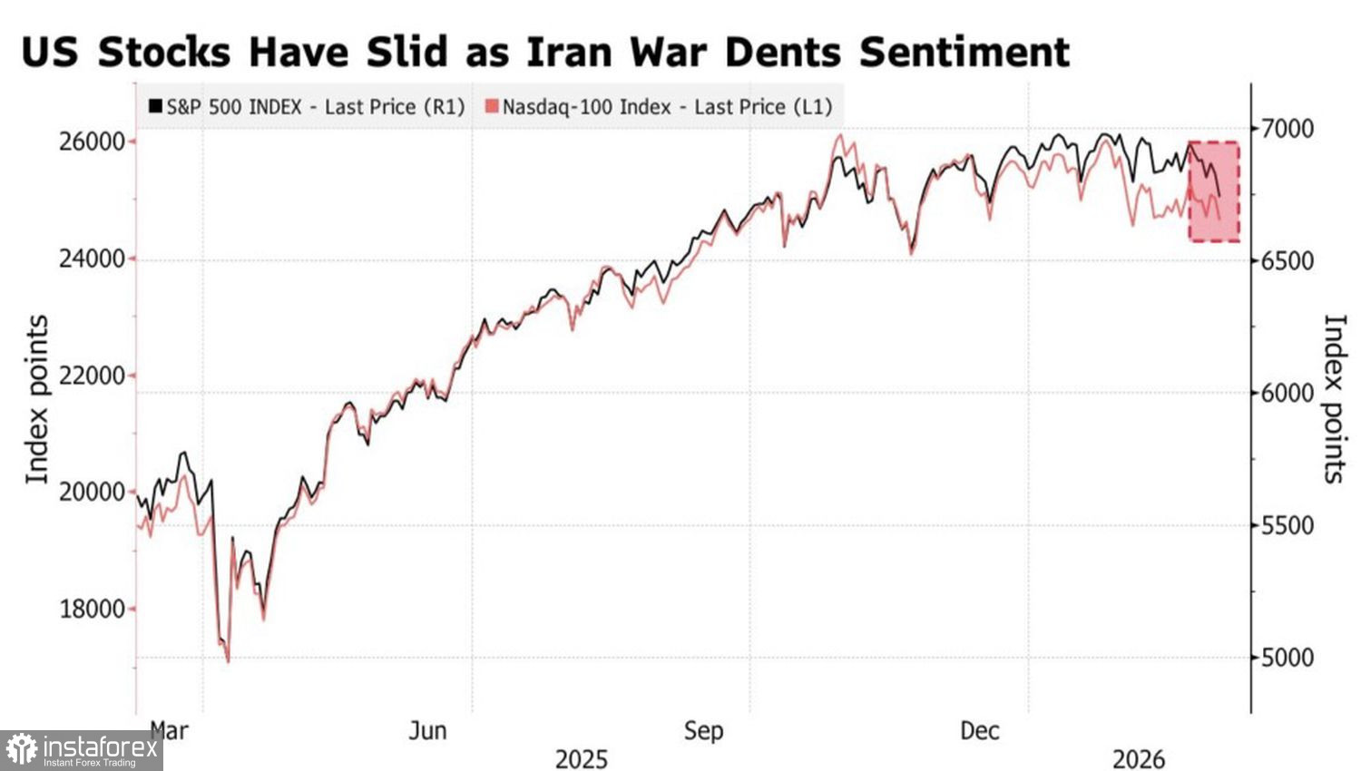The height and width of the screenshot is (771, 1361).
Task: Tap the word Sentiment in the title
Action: pyautogui.click(x=964, y=52)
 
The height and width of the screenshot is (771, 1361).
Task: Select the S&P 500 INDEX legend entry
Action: pyautogui.click(x=306, y=107)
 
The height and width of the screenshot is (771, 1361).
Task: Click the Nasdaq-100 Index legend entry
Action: pyautogui.click(x=659, y=107)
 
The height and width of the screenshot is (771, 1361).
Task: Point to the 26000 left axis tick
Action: pyautogui.click(x=91, y=142)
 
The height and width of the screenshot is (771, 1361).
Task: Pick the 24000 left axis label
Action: pyautogui.click(x=91, y=259)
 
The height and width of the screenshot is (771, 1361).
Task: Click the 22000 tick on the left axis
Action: pyautogui.click(x=91, y=376)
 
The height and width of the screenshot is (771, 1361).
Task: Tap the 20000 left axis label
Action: pyautogui.click(x=91, y=493)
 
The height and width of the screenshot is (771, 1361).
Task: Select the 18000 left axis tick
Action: pyautogui.click(x=91, y=609)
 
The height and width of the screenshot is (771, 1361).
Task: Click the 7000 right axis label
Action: pyautogui.click(x=1288, y=129)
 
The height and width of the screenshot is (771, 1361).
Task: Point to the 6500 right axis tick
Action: pyautogui.click(x=1288, y=261)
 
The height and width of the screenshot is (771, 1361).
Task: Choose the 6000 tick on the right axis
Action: pyautogui.click(x=1288, y=394)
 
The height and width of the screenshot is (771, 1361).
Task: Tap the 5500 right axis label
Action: pyautogui.click(x=1288, y=526)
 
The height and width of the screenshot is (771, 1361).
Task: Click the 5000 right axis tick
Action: pyautogui.click(x=1288, y=658)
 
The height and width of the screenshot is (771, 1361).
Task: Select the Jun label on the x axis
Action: pyautogui.click(x=427, y=730)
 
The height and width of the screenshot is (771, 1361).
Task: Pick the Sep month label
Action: pyautogui.click(x=703, y=730)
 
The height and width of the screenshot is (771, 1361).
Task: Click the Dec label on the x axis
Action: pyautogui.click(x=980, y=730)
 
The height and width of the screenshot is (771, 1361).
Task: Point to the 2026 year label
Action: pyautogui.click(x=1139, y=758)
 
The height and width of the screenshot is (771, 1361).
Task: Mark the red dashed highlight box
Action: pyautogui.click(x=1215, y=191)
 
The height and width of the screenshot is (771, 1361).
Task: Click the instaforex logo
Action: pyautogui.click(x=81, y=750)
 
